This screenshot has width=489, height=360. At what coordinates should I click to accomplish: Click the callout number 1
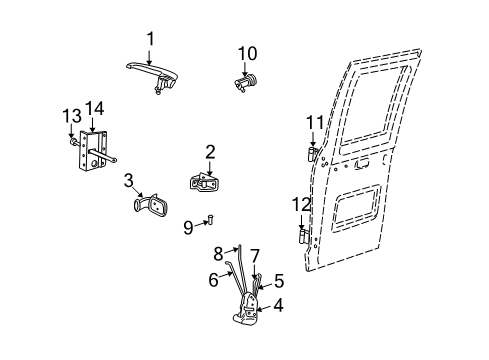tap(151, 38)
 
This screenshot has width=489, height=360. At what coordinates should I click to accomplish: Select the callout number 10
tap(247, 52)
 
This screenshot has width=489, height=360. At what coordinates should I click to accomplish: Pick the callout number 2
tap(210, 151)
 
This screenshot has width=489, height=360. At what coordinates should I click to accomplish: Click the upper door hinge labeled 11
tap(312, 152)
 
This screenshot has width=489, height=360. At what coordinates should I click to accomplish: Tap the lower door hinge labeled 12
tap(304, 236)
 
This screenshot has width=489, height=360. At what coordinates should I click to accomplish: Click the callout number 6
tap(213, 281)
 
